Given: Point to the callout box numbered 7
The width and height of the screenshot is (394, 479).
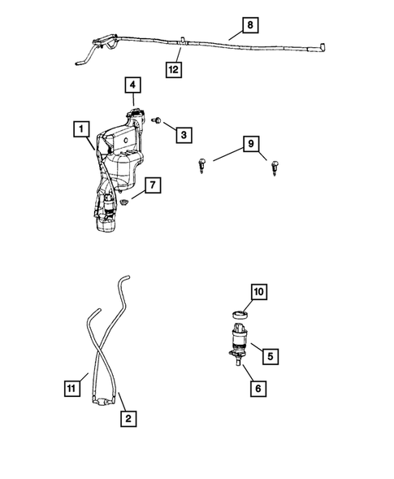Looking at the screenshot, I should (x=151, y=186).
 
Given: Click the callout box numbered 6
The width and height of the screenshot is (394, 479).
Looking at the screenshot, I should (x=258, y=389).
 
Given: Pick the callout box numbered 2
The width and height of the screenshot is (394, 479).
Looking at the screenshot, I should (x=128, y=419).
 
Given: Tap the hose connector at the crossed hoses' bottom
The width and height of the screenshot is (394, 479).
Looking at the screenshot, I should (x=102, y=401).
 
